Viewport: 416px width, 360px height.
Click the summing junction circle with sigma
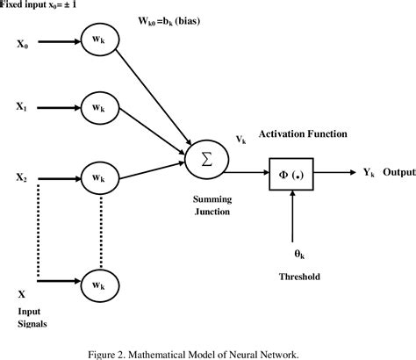click(207, 159)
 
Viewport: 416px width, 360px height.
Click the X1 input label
click(21, 110)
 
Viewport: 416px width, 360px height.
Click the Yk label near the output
click(358, 173)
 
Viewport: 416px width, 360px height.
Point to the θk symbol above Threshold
click(298, 253)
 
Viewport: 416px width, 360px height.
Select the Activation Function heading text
click(302, 134)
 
